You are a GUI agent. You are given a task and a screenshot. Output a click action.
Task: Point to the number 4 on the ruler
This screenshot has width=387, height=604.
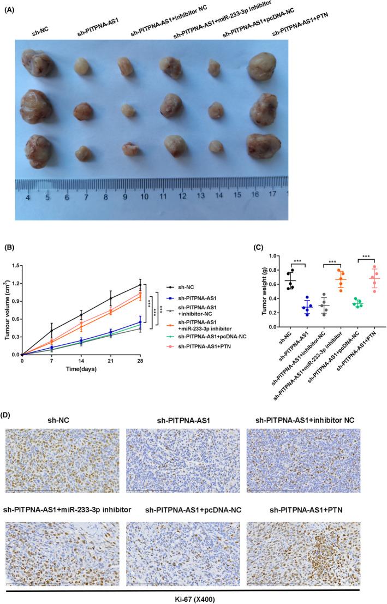pyautogui.click(x=27, y=195)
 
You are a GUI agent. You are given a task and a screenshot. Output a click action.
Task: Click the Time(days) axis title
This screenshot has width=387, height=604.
pyautogui.click(x=81, y=369)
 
